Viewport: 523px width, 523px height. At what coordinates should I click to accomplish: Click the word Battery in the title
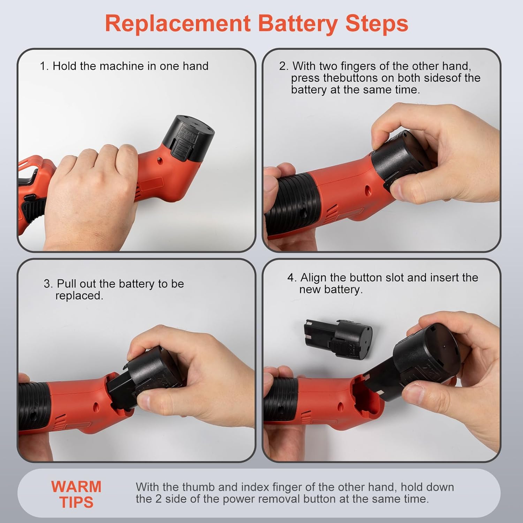298,24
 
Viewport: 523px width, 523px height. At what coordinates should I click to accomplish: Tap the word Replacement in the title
178,23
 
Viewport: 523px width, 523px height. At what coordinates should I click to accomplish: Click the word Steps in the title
377,24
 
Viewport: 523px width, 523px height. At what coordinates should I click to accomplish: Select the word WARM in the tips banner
76,486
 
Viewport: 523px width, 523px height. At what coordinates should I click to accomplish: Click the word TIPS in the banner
76,502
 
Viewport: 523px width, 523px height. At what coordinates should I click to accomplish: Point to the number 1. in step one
44,66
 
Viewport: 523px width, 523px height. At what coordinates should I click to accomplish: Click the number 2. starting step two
284,66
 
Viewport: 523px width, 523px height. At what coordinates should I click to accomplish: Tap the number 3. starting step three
48,283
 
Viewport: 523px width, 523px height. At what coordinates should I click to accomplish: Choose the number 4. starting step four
292,278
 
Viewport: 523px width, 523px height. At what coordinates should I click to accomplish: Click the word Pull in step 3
66,283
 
